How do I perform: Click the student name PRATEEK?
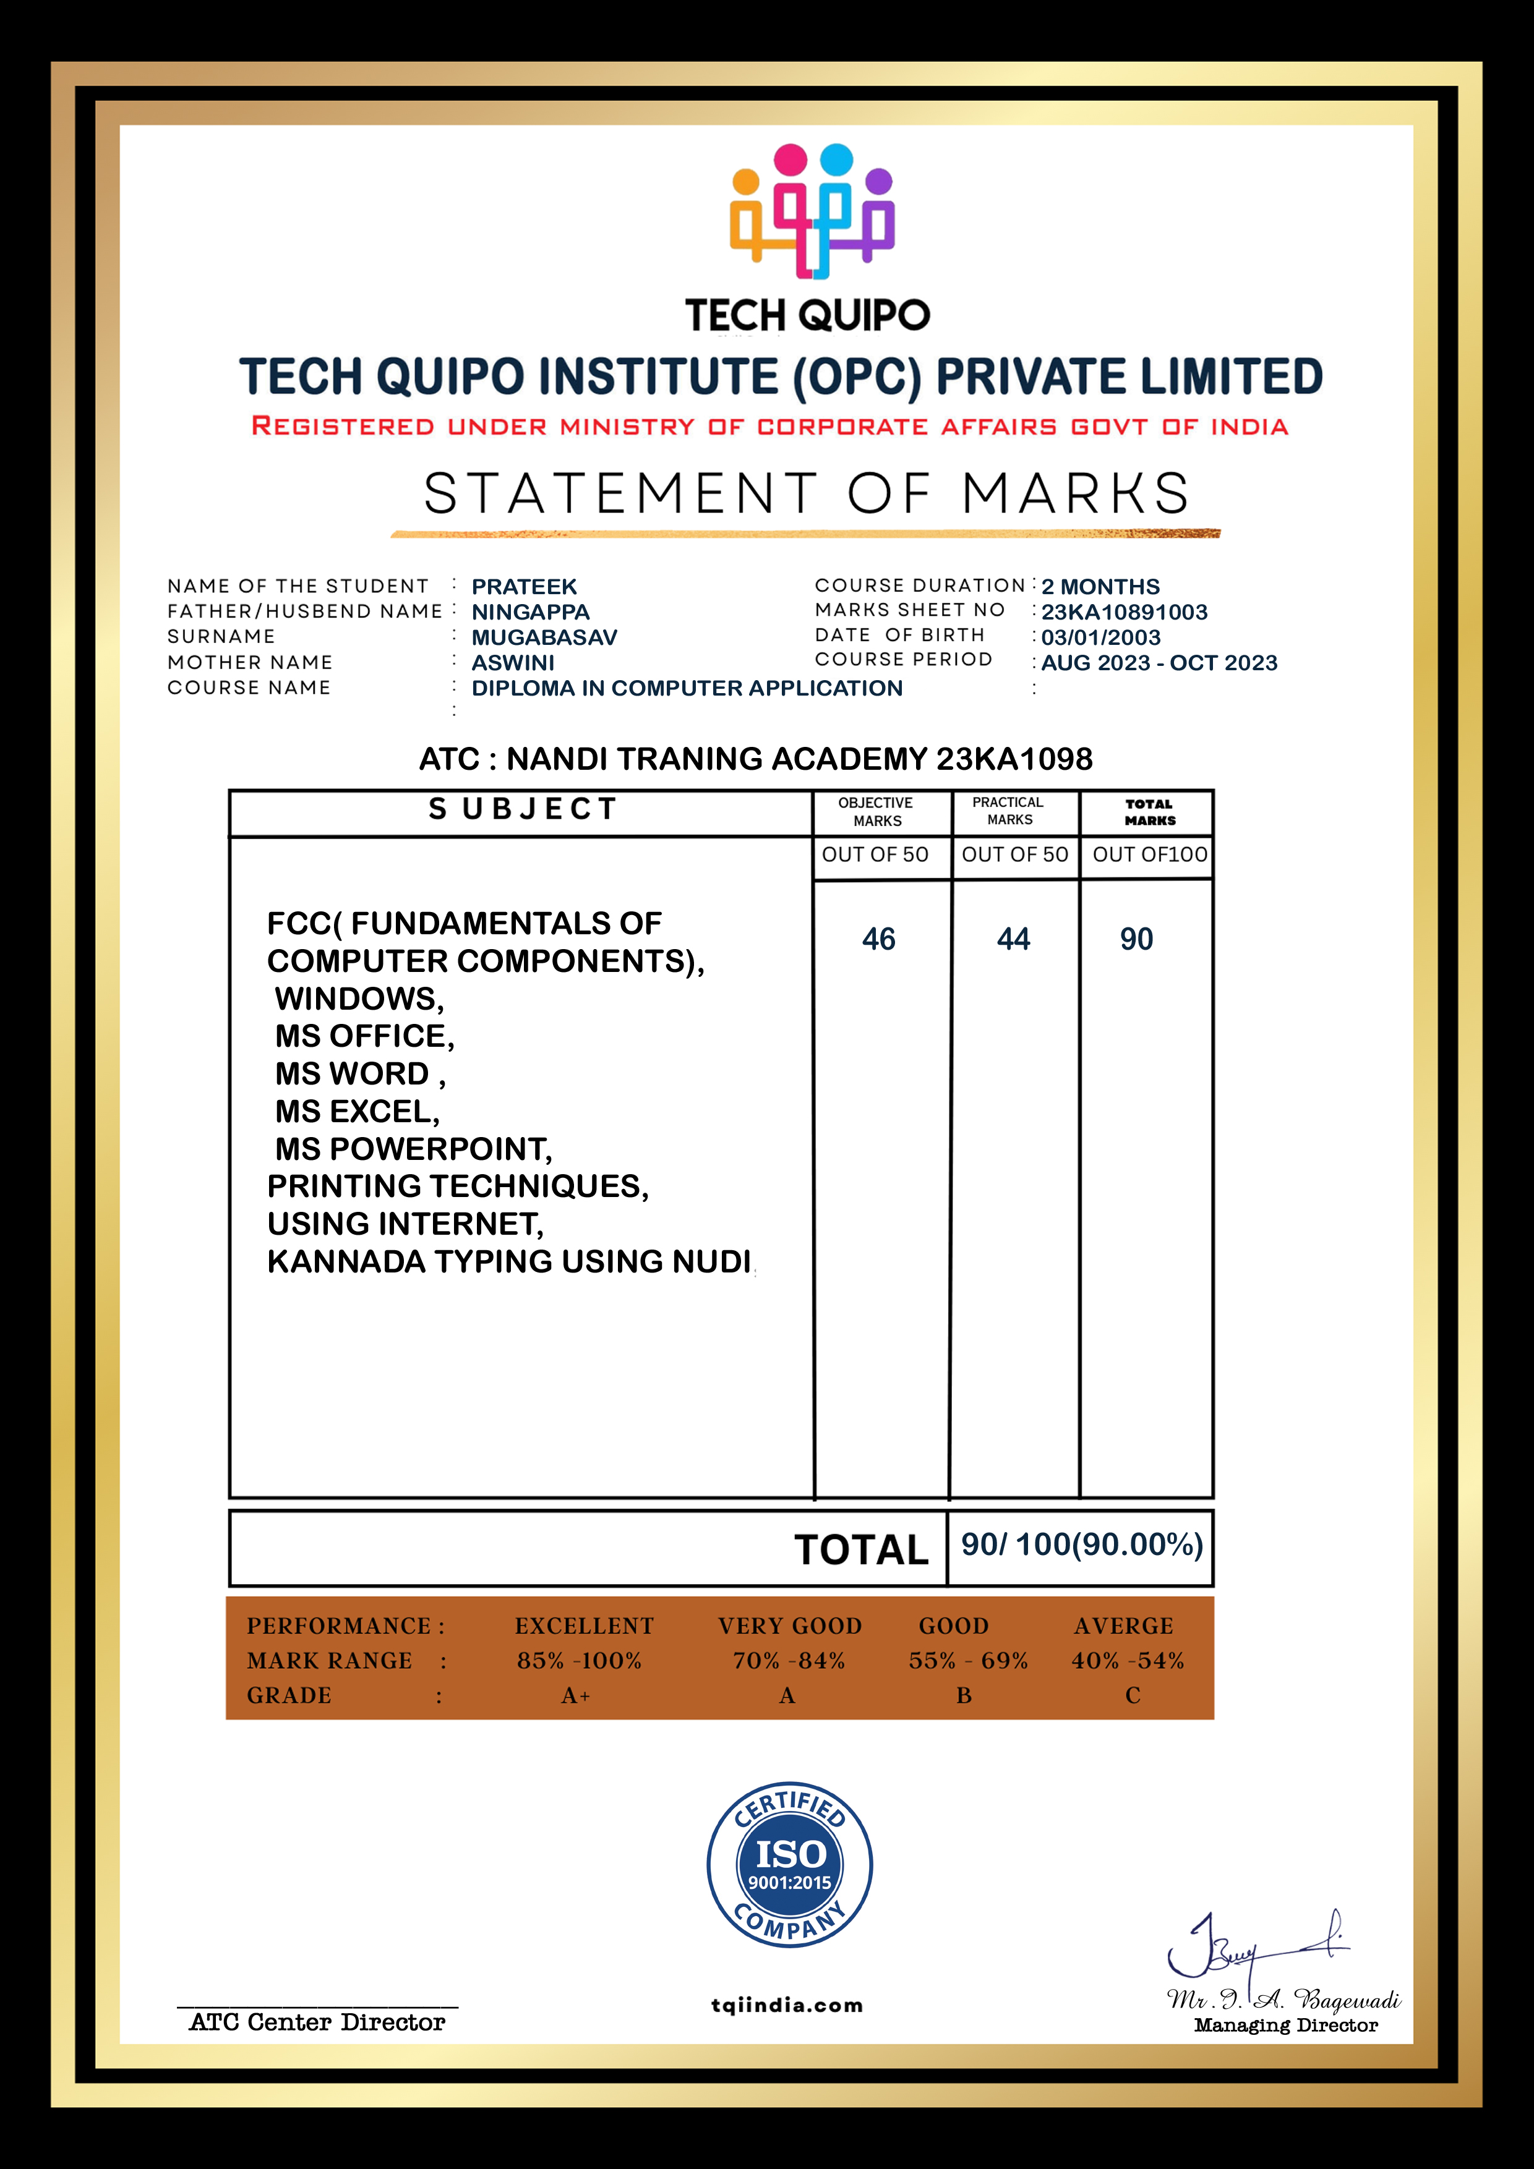tap(524, 587)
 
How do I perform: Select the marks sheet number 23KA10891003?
tap(1124, 612)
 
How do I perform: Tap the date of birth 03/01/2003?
tap(1100, 637)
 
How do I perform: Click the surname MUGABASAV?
tap(544, 637)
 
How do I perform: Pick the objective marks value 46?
tap(878, 939)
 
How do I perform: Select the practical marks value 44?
tap(1013, 939)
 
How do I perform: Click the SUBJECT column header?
tap(523, 809)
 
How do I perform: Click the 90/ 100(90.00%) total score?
tap(1081, 1545)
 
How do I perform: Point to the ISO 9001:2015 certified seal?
tap(789, 1866)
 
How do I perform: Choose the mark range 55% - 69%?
tap(968, 1661)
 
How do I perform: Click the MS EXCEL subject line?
tap(358, 1112)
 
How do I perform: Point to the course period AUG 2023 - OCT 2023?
tap(1159, 663)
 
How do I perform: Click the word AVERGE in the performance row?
tap(1123, 1626)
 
